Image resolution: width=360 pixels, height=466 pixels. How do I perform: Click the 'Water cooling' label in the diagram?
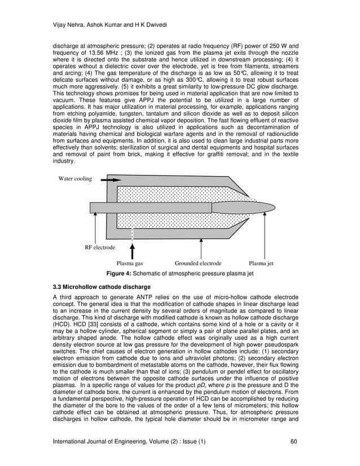tap(75, 179)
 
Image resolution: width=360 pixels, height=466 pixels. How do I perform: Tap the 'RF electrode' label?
tap(100, 248)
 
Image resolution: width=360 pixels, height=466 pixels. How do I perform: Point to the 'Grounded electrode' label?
tap(198, 263)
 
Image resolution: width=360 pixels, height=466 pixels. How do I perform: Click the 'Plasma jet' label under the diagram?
tap(261, 263)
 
